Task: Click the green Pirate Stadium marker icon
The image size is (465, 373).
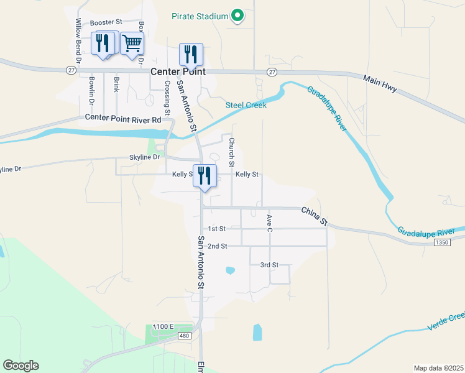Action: click(x=237, y=16)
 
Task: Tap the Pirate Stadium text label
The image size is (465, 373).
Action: click(x=200, y=16)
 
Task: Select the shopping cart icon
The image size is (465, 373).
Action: click(x=131, y=44)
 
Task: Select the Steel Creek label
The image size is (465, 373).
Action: click(x=246, y=105)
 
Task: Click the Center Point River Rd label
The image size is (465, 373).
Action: click(x=123, y=118)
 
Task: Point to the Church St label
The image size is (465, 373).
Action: click(x=231, y=152)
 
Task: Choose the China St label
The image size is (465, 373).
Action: click(x=315, y=216)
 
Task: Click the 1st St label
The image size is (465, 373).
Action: click(x=217, y=229)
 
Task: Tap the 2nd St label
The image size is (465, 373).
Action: click(x=217, y=246)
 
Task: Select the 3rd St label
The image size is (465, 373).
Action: click(x=269, y=265)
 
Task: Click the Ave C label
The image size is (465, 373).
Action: click(x=269, y=224)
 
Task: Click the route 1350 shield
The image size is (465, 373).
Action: click(x=442, y=242)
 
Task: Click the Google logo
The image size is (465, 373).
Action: click(x=21, y=366)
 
